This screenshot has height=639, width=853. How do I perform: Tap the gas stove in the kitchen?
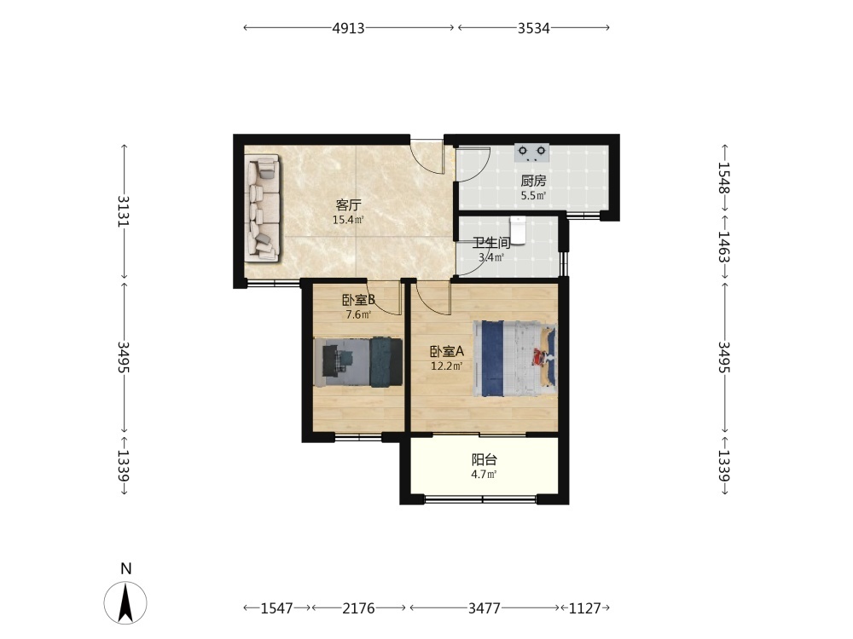531,153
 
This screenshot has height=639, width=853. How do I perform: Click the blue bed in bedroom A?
514,359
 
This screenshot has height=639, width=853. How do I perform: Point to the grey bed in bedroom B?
358,362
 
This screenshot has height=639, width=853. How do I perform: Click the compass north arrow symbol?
125,602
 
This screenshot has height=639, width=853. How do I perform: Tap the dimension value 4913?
348,28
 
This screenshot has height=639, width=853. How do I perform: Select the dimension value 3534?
534,28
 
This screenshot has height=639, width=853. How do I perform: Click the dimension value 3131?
124,210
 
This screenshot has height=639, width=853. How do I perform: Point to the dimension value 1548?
724,178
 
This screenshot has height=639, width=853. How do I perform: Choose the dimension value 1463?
724,247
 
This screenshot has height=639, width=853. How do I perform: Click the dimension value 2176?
358,608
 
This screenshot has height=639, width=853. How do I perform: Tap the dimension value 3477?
485,608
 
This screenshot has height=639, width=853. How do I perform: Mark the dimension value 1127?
585,608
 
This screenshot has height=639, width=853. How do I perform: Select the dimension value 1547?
277,608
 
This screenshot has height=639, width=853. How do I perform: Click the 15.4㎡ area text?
348,220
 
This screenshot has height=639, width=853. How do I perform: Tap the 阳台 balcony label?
485,460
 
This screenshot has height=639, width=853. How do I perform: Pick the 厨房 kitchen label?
533,181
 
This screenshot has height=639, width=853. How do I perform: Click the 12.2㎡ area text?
447,366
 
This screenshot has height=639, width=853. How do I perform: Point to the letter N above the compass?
126,569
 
